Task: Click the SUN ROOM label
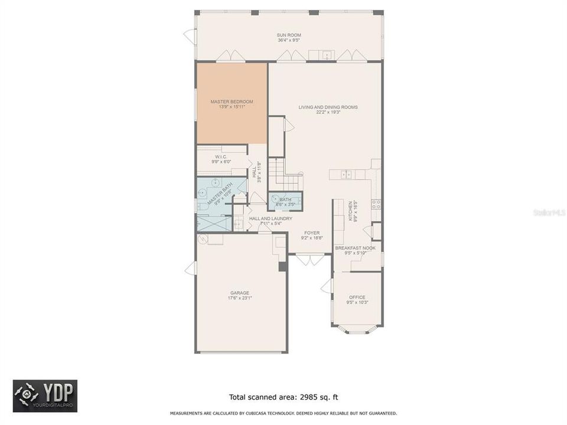click(289, 35)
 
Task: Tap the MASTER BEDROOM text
click(232, 102)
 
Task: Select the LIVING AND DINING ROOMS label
click(328, 107)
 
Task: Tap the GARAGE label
click(239, 293)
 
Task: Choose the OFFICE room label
click(357, 297)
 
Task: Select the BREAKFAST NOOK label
click(355, 248)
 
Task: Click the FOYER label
click(312, 233)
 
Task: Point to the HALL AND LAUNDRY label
click(270, 218)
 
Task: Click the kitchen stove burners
click(376, 204)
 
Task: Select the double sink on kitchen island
click(346, 174)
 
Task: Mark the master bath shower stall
click(214, 223)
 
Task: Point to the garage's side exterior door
click(190, 269)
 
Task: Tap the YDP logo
click(45, 395)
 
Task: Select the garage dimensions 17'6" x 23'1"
click(239, 299)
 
